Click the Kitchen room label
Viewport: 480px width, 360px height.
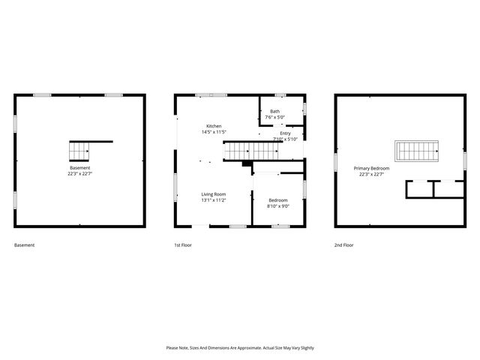coord(214,126)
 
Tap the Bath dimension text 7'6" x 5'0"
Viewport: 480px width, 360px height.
coord(275,117)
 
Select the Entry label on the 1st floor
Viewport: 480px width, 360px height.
coord(285,133)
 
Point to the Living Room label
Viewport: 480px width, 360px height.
coord(214,193)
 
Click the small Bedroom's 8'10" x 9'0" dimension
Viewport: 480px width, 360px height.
coord(278,205)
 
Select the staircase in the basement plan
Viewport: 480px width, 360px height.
coord(80,150)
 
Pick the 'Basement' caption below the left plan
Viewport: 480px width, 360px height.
coord(24,245)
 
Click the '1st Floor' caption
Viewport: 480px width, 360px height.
coord(184,245)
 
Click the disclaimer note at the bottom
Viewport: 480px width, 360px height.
coord(240,348)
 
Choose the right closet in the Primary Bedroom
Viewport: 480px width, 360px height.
coord(449,189)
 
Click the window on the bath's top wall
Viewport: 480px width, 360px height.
coord(280,94)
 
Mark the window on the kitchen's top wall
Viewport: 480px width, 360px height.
coord(211,94)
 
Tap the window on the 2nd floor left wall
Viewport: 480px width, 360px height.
coord(335,160)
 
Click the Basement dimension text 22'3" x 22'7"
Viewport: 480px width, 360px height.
coord(79,172)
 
